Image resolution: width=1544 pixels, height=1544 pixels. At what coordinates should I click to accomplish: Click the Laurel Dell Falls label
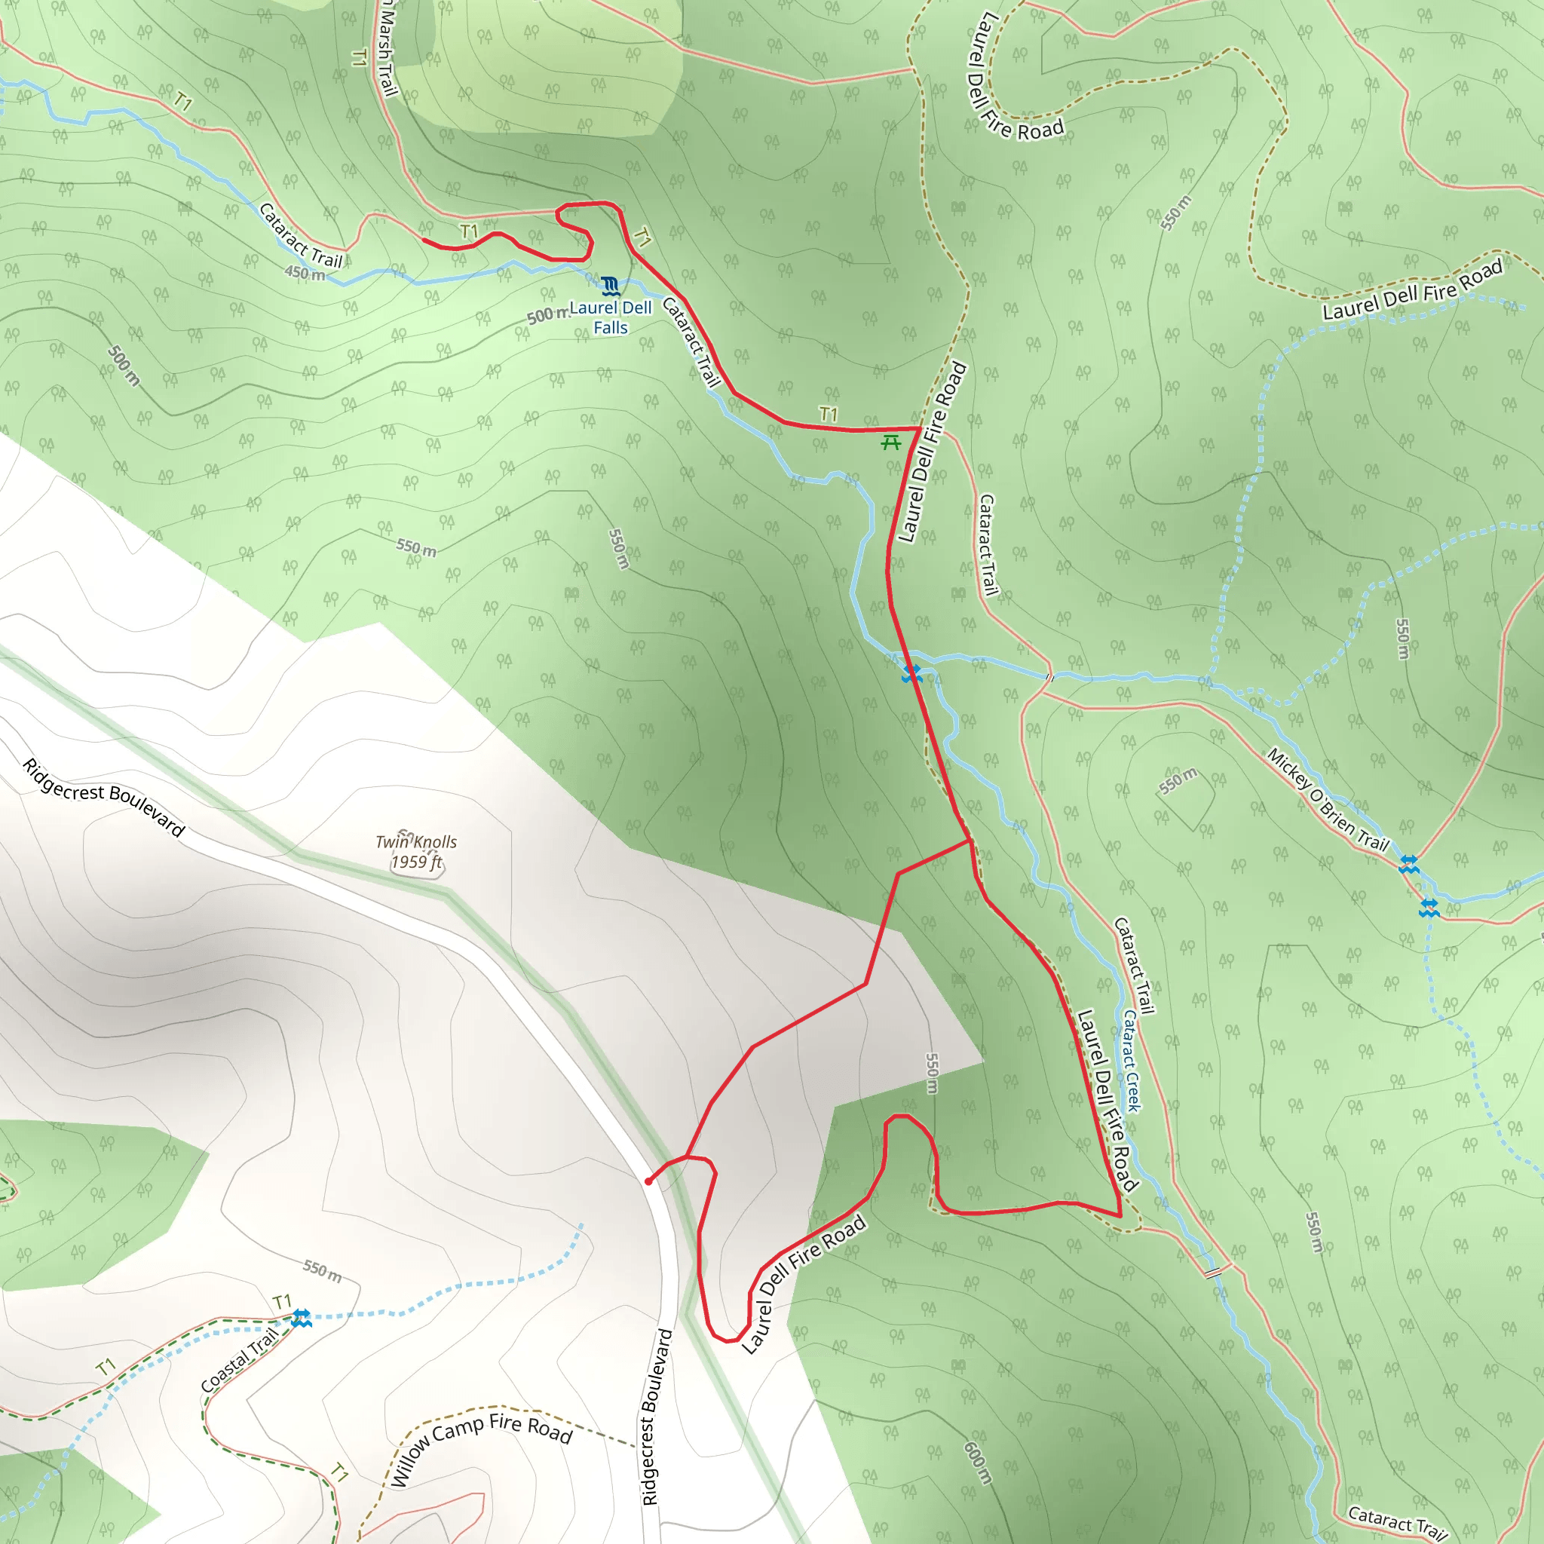611,317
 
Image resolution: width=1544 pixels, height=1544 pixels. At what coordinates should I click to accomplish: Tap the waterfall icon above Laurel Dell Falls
611,285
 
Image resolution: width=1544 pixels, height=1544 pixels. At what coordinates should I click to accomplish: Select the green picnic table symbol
891,442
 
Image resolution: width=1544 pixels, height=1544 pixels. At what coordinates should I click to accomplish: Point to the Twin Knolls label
416,841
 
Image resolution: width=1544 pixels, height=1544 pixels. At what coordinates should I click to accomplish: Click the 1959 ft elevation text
416,862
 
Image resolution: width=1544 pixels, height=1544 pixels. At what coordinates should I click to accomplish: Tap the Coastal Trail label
239,1360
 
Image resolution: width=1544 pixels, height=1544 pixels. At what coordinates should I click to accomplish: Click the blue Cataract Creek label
1131,1061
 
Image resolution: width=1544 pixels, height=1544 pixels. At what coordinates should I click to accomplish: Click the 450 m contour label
305,274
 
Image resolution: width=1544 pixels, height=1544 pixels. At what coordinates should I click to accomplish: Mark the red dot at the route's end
648,1181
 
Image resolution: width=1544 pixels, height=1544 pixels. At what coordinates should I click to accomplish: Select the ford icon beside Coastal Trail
302,1319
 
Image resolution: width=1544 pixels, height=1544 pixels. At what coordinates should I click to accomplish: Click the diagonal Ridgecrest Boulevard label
104,797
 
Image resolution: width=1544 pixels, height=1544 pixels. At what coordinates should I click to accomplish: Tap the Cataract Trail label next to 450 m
301,236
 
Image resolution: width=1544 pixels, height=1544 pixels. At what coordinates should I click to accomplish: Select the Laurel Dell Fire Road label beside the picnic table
933,452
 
